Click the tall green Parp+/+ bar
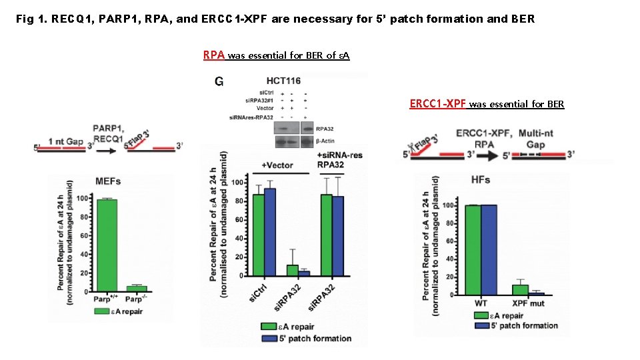[107, 245]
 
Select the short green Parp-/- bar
[137, 289]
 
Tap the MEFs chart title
[108, 182]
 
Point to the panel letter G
[219, 81]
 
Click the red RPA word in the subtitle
[215, 55]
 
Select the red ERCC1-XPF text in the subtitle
[438, 103]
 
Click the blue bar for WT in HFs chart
[489, 249]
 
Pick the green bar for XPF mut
[520, 289]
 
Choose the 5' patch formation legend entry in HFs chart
[524, 325]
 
